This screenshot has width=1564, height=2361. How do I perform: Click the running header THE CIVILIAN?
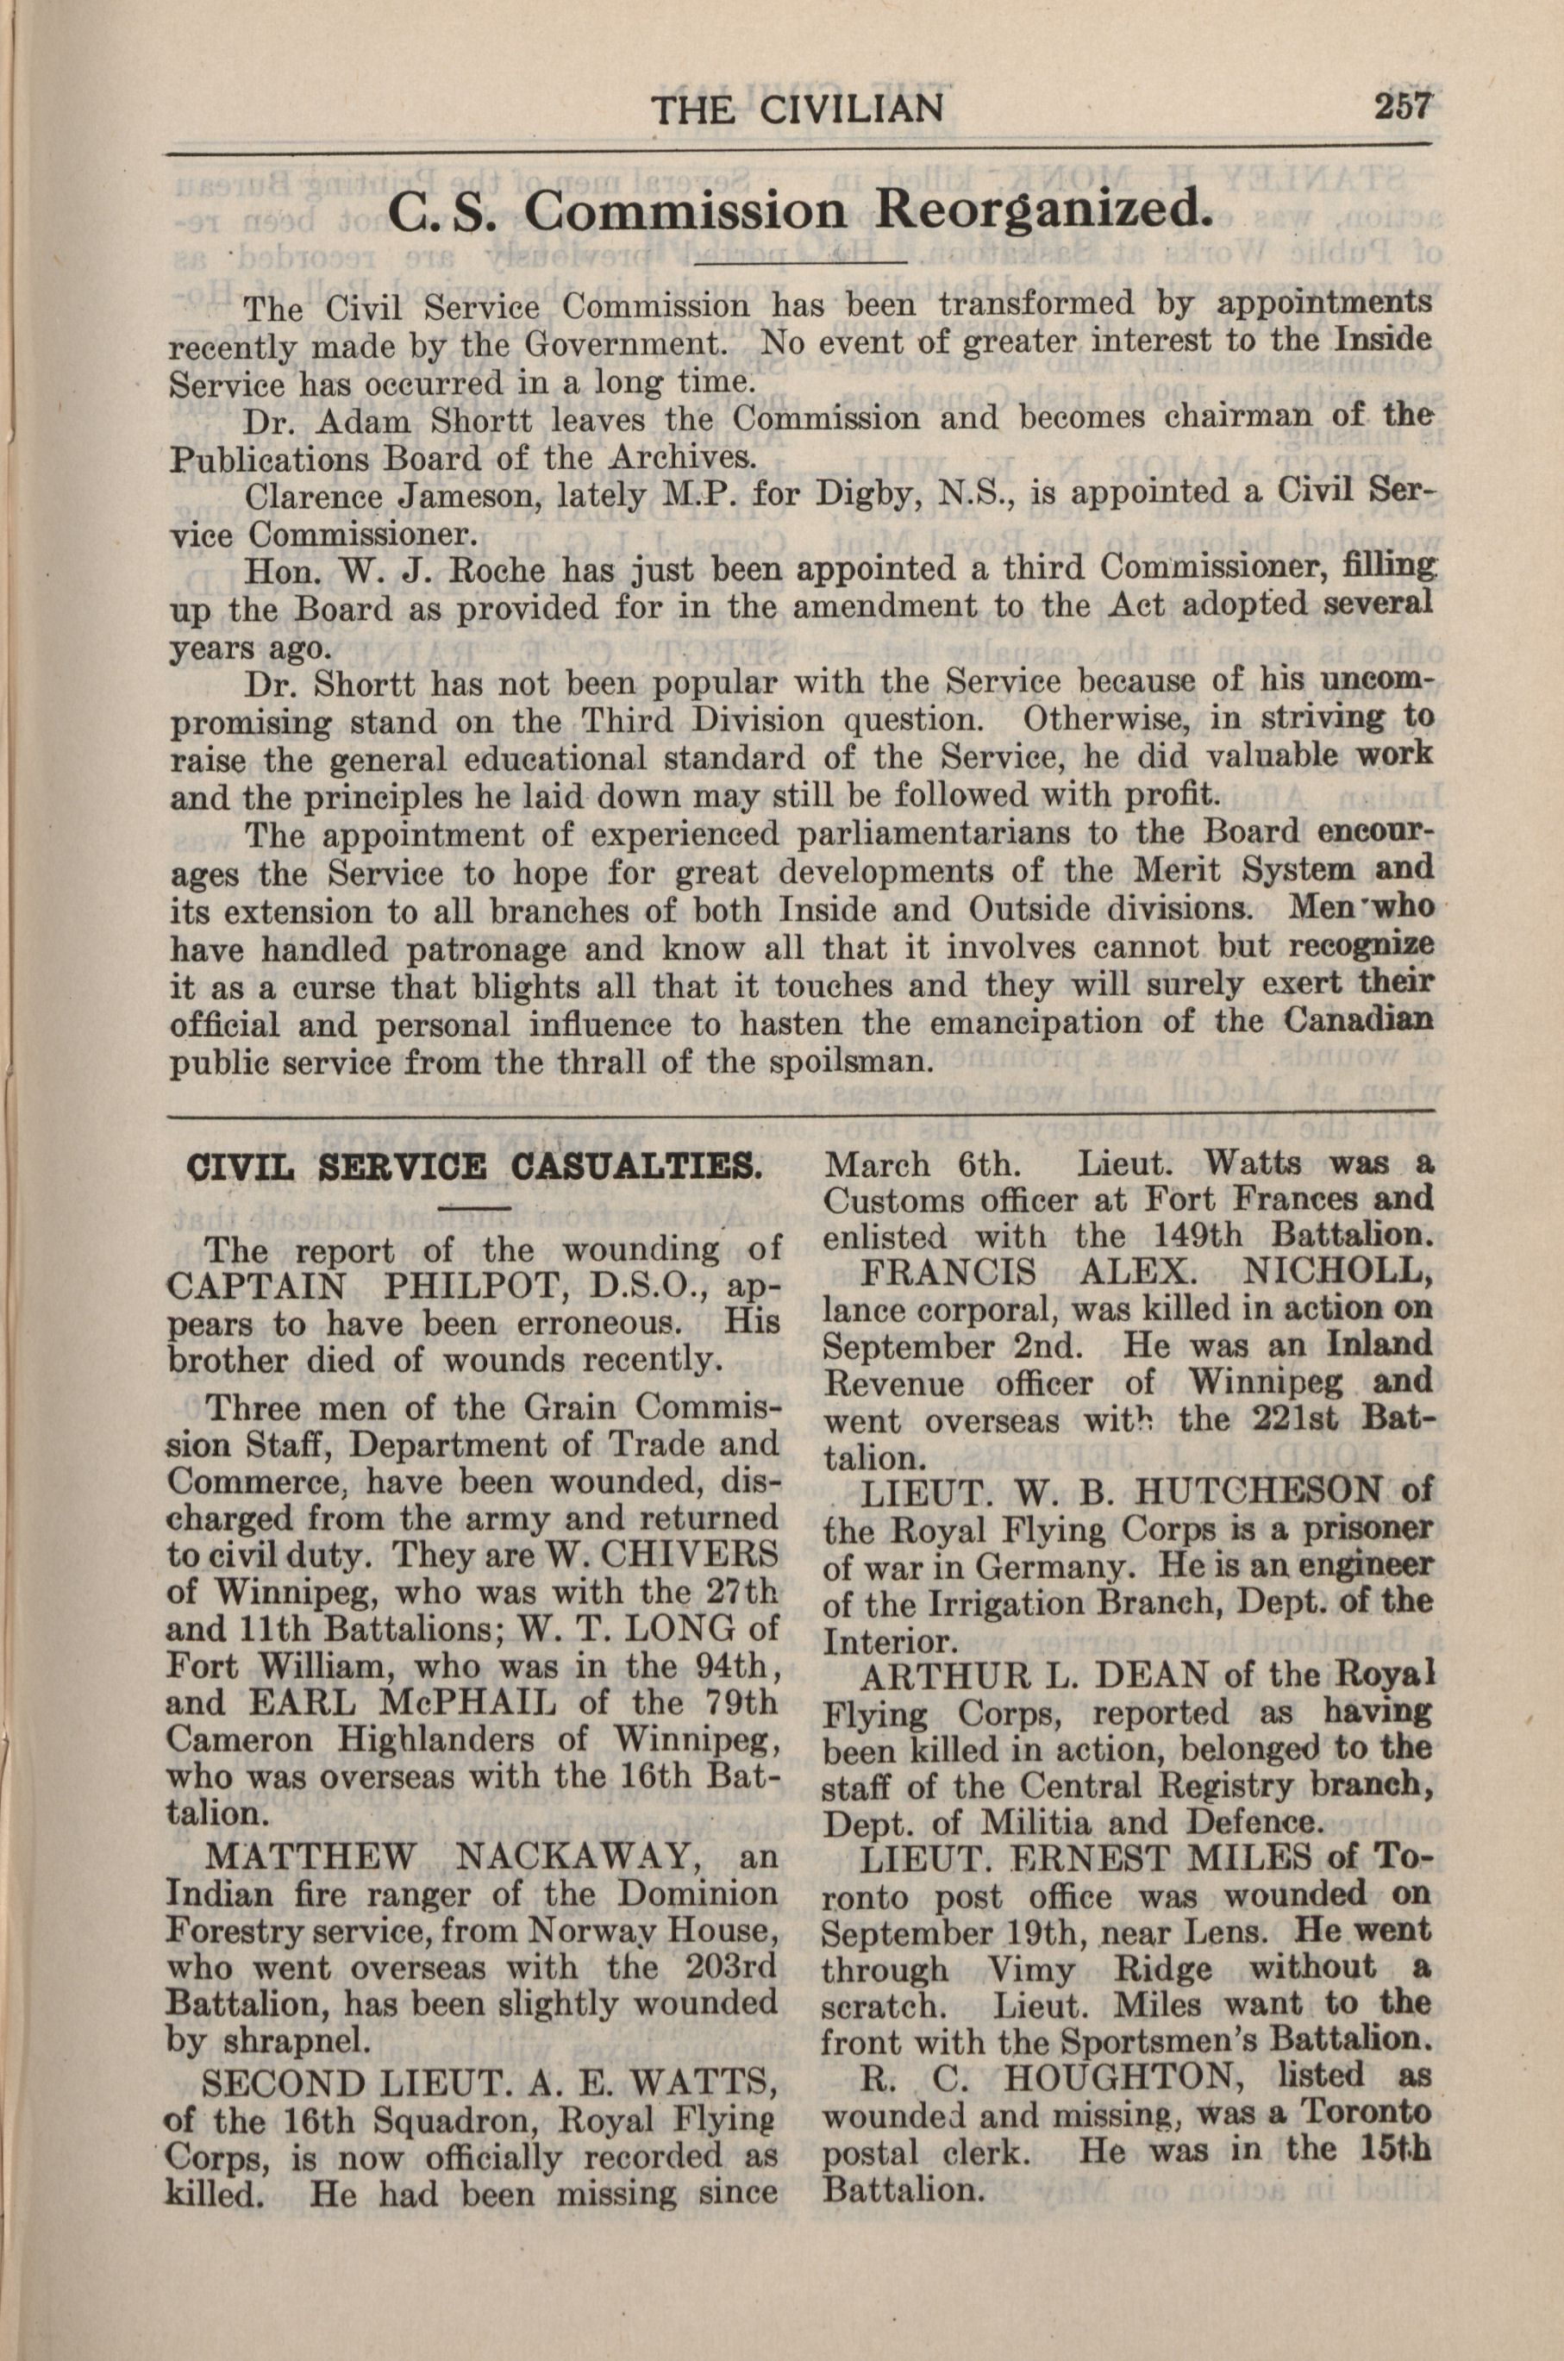click(798, 107)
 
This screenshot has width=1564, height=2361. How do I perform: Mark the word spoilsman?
click(853, 1061)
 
